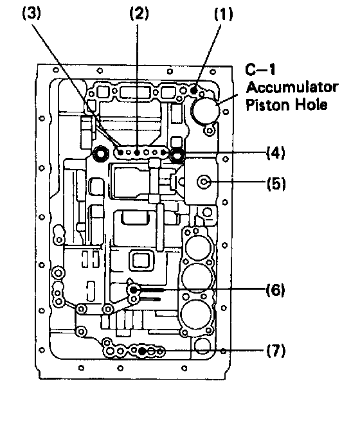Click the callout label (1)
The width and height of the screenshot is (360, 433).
[224, 14]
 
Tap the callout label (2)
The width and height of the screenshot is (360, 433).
[139, 13]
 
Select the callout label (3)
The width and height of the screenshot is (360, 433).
[32, 13]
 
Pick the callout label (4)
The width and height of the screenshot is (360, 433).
[275, 153]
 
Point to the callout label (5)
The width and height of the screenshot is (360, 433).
[276, 184]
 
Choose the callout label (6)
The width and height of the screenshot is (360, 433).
[275, 290]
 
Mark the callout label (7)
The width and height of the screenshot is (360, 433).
[276, 351]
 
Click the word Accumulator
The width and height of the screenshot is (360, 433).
[292, 87]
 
